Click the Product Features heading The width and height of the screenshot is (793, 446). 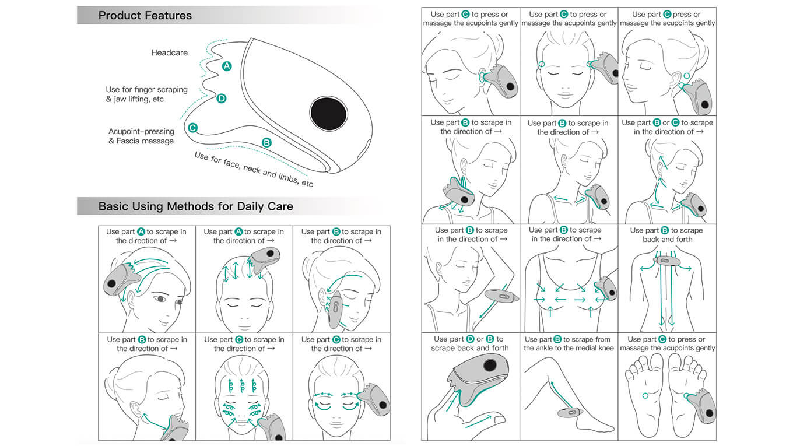[145, 16]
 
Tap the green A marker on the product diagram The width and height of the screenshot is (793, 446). [227, 66]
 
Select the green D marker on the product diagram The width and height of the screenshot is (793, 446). [222, 99]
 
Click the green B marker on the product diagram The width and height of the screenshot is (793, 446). [266, 142]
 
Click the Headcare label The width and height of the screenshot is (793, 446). [169, 52]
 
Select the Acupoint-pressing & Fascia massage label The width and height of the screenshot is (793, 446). [141, 136]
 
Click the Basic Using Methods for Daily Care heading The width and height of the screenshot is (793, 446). [195, 206]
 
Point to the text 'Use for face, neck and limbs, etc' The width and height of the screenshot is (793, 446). [254, 170]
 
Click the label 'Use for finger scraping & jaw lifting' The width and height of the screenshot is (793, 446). [146, 94]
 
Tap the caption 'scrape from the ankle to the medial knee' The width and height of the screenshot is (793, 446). [569, 344]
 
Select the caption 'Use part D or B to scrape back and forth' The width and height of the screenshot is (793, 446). [470, 343]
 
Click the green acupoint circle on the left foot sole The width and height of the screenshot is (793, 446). [645, 396]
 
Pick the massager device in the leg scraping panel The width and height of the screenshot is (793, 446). [569, 413]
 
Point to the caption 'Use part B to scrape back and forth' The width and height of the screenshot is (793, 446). [666, 235]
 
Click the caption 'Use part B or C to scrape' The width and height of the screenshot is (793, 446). [667, 127]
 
